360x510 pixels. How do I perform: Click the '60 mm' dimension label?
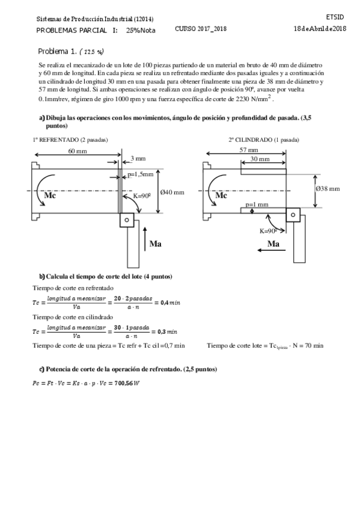(x=76, y=150)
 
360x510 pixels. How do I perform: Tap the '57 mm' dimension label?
(x=249, y=150)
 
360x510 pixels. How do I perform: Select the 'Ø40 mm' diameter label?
(x=172, y=192)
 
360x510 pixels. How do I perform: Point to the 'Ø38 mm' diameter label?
(x=328, y=188)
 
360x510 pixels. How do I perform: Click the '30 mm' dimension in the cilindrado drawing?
(x=260, y=159)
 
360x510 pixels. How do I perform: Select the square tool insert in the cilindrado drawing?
(x=293, y=215)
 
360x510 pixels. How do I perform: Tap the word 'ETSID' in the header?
(x=335, y=17)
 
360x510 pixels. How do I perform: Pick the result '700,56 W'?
(x=125, y=384)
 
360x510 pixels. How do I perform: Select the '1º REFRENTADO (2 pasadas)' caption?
(x=71, y=140)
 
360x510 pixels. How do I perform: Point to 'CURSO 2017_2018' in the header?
(x=201, y=28)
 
